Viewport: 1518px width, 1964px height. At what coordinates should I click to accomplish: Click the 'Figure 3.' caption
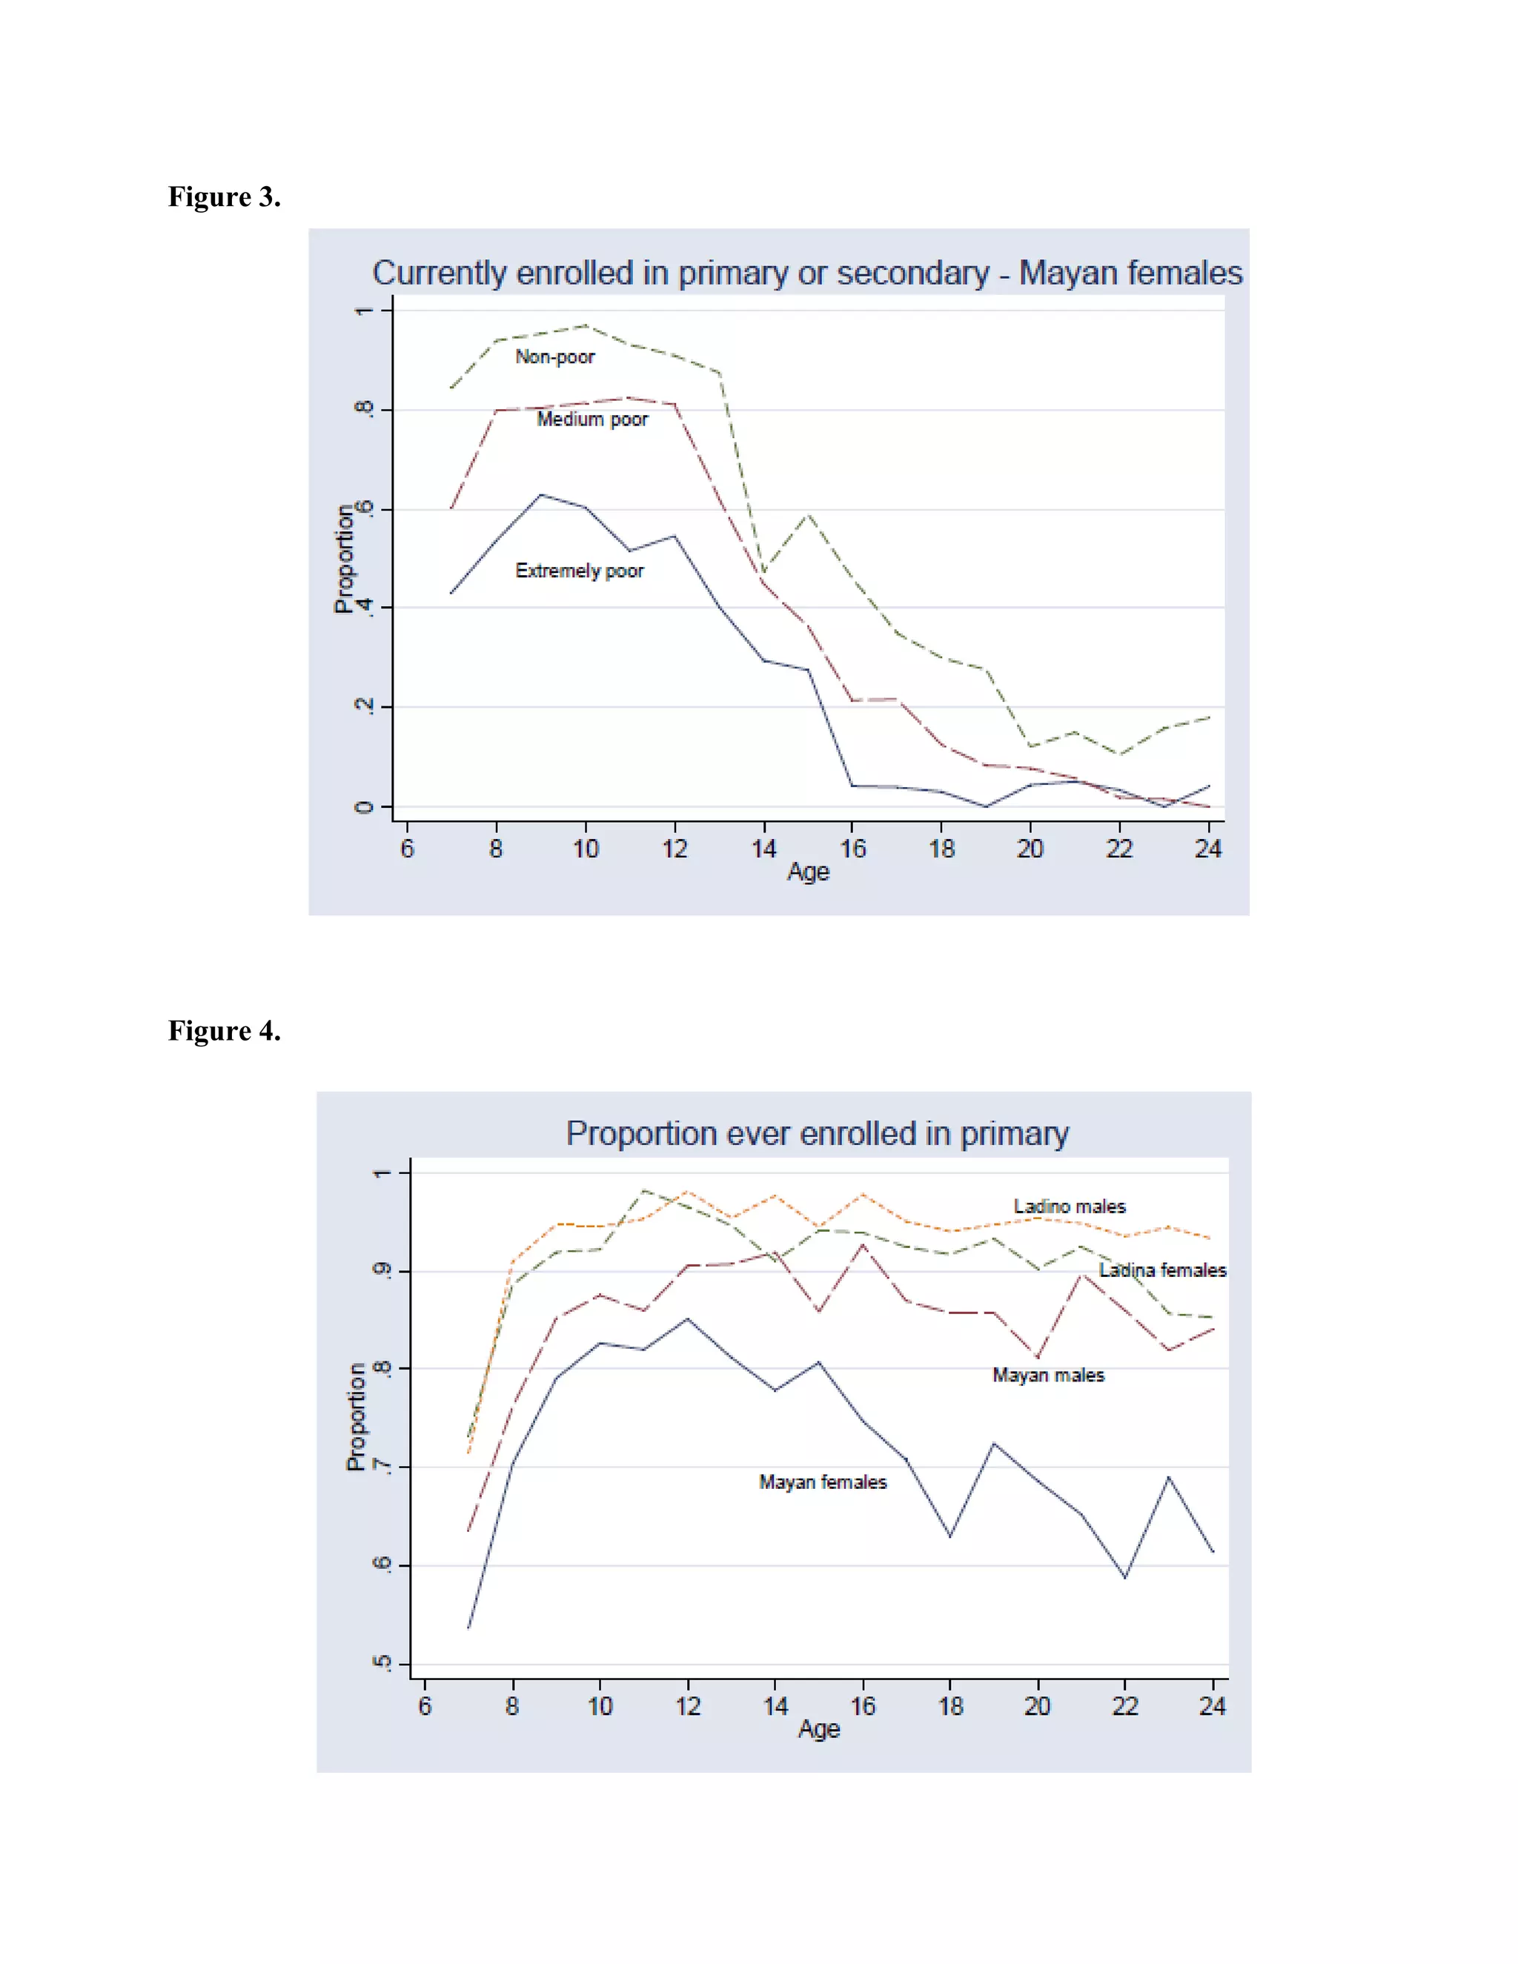click(224, 197)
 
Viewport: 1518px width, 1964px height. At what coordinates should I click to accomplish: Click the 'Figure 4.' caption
click(224, 1031)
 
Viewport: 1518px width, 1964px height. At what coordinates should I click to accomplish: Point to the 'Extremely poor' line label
click(579, 571)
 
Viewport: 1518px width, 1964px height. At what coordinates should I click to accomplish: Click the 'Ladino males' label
click(1070, 1207)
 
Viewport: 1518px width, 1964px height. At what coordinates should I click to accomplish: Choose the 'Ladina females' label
click(1162, 1270)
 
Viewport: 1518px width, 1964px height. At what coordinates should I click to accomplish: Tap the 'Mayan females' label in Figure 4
click(822, 1482)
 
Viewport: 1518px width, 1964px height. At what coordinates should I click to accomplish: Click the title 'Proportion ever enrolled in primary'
click(817, 1134)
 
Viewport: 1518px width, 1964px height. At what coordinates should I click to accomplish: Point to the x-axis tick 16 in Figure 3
click(852, 848)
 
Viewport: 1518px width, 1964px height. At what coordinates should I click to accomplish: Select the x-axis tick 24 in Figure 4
click(1211, 1706)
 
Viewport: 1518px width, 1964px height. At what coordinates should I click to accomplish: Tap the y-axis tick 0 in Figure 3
click(363, 806)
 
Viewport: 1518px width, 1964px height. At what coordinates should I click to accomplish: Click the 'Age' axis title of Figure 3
click(808, 872)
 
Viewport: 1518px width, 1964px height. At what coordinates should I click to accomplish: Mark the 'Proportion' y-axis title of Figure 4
click(356, 1416)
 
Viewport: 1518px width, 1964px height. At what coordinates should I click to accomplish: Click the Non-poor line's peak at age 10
click(586, 325)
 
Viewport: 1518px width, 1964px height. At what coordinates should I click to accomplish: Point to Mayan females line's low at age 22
click(1124, 1576)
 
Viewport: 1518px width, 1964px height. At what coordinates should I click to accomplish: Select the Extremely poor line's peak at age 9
click(540, 494)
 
